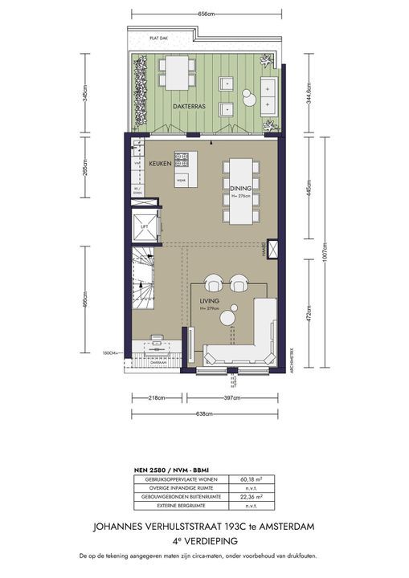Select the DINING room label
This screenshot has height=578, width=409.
coord(241,188)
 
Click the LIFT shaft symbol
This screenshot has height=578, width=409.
coord(145,226)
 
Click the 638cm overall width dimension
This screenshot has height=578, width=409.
coord(204,414)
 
